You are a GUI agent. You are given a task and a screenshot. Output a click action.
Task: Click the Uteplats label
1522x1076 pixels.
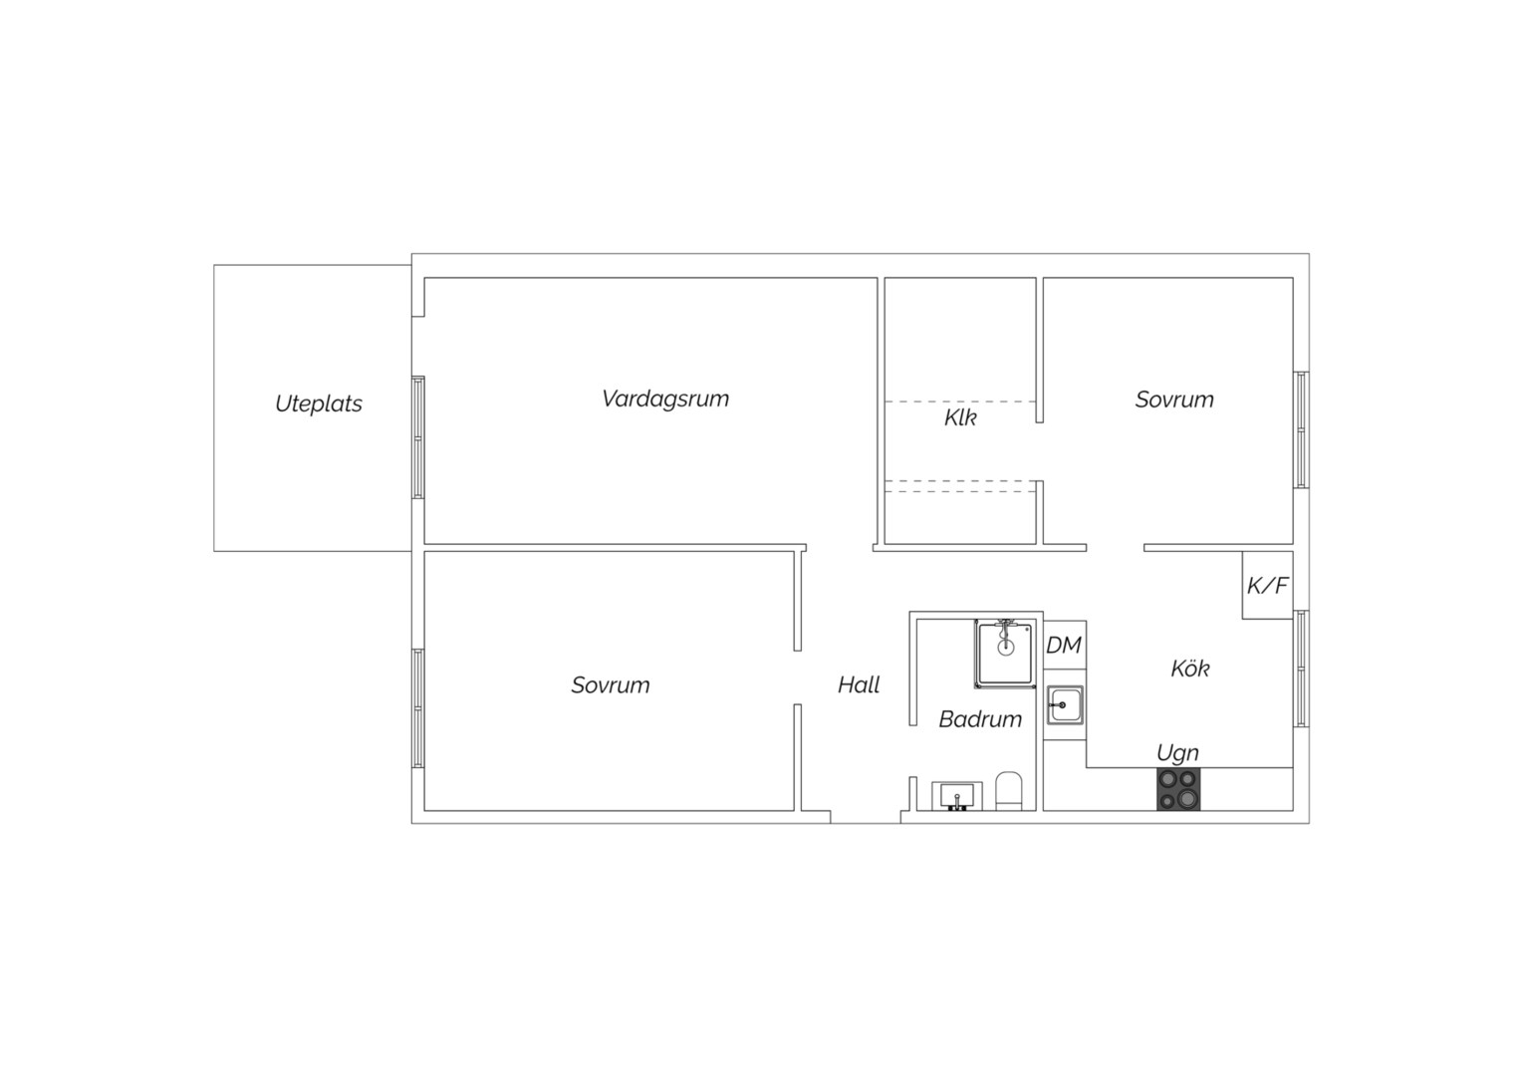[x=319, y=403]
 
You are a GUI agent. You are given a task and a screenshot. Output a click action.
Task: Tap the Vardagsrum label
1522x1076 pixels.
[x=665, y=399]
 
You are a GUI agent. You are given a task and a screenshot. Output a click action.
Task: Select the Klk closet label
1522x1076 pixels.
[x=960, y=417]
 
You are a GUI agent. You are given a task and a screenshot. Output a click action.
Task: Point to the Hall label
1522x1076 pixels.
[x=859, y=684]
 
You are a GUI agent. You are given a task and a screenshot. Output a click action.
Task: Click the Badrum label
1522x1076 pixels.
[x=980, y=719]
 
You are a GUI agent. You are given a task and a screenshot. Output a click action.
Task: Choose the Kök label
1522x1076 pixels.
[x=1189, y=669]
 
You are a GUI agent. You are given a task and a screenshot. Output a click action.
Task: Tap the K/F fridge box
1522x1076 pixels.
[x=1267, y=585]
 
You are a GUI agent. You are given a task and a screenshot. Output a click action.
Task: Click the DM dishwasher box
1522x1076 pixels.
[x=1065, y=645]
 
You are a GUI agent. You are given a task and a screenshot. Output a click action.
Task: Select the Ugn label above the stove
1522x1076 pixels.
[x=1177, y=753]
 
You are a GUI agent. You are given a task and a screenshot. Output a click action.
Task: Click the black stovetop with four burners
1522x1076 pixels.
[x=1178, y=789]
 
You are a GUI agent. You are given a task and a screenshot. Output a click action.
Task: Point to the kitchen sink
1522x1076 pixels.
[x=1064, y=704]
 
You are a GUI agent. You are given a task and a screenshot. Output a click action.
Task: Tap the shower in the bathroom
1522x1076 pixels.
[x=1004, y=654]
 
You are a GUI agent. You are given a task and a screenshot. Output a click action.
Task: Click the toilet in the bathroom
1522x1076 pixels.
[x=1008, y=791]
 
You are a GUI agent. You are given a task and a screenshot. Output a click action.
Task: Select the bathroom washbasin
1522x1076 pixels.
[x=956, y=796]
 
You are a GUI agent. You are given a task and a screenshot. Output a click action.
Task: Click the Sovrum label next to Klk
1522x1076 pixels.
[x=1174, y=399]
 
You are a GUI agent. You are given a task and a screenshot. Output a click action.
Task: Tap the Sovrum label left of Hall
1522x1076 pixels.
[x=611, y=684]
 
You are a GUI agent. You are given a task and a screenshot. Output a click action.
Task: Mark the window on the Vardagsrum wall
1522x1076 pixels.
[x=418, y=437]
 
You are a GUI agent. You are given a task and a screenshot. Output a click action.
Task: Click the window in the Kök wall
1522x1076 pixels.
[x=1301, y=669]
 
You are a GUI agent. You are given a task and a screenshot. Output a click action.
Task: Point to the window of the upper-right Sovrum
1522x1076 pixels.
[x=1301, y=429]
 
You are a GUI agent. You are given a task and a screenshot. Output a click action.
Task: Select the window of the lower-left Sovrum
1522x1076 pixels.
[x=418, y=709]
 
